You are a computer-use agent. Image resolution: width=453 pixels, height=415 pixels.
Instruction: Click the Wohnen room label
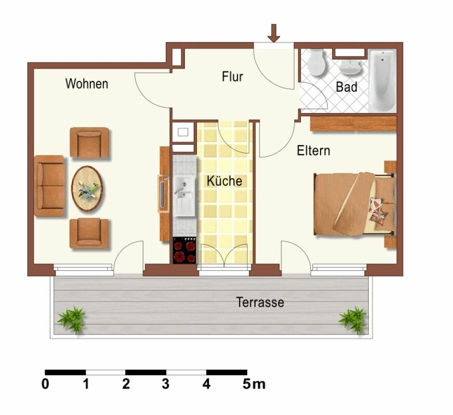[x=87, y=84]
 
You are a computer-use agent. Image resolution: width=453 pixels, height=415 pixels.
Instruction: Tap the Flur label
[x=232, y=77]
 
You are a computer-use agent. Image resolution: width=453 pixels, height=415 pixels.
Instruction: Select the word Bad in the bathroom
[x=347, y=87]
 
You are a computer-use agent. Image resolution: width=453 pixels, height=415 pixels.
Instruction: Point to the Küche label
[x=224, y=181]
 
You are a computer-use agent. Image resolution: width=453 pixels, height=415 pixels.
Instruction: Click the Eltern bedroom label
[x=313, y=151]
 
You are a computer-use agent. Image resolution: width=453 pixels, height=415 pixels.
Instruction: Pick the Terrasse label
[x=260, y=302]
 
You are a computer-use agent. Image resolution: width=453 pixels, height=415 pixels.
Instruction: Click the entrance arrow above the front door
[x=274, y=32]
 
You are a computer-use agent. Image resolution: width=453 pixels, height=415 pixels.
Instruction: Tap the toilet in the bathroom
[x=316, y=63]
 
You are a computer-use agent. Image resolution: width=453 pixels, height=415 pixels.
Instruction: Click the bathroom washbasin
[x=351, y=67]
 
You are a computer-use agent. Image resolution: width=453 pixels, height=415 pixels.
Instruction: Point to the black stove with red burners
[x=184, y=251]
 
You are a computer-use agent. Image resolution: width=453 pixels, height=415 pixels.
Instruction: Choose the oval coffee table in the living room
[x=87, y=188]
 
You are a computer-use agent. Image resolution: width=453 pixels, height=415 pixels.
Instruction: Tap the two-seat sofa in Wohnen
[x=50, y=185]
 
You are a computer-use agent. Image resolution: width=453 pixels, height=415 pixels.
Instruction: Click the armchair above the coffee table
[x=89, y=142]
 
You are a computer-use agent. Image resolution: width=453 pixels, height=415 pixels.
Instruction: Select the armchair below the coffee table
[x=89, y=233]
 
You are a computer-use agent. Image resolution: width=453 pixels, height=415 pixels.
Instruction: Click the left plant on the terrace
[x=72, y=319]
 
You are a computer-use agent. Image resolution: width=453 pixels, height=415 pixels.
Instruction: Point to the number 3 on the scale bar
[x=165, y=385]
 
